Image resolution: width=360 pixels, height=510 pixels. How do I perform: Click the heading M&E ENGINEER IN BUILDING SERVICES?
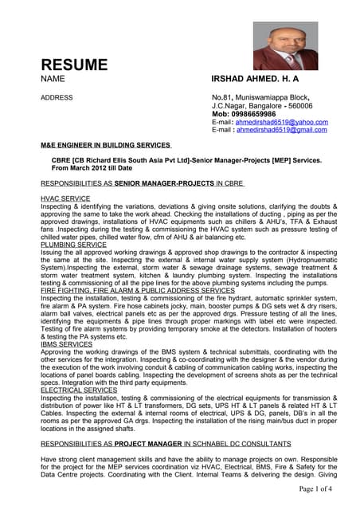105,146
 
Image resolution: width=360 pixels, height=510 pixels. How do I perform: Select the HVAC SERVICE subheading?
65,198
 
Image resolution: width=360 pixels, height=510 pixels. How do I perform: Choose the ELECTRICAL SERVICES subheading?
78,391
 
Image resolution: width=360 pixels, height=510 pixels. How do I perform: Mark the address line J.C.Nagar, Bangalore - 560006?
262,105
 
